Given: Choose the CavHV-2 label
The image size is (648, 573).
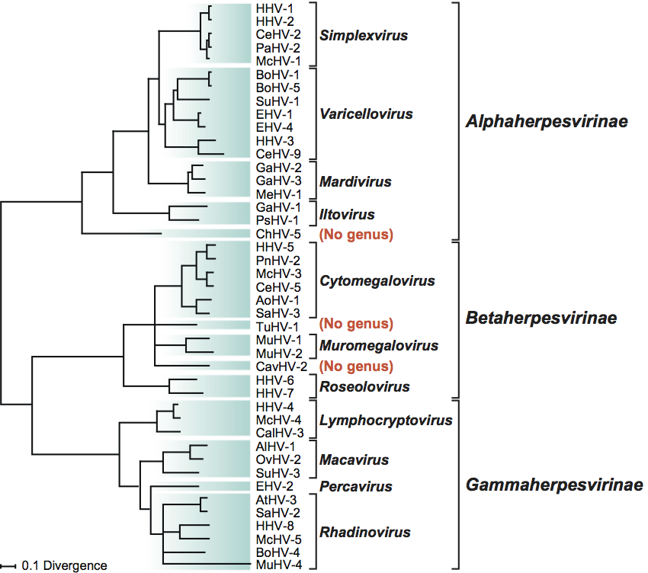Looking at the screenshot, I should coord(276,366).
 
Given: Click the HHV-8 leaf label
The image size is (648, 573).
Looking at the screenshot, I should coord(272,526).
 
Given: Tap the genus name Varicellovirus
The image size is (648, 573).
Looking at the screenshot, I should coord(367,114).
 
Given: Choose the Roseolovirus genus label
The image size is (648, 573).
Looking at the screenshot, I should coord(364,386).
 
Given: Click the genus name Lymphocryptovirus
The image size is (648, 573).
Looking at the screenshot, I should coord(386,420).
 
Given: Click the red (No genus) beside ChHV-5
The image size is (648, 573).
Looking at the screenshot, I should coord(355,234).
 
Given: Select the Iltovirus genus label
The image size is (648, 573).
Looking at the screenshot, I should coord(346,214).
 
